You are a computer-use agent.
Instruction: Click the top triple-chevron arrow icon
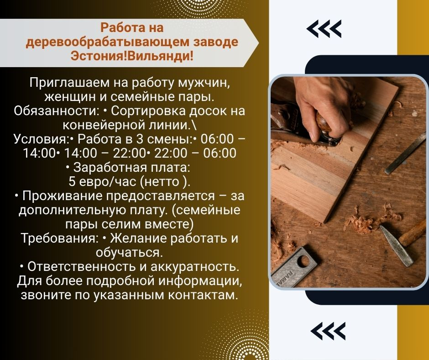(x=324, y=28)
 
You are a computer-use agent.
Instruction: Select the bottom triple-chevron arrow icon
(x=328, y=331)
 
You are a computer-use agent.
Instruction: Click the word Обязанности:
(x=56, y=111)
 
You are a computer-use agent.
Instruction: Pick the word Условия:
(x=41, y=139)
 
